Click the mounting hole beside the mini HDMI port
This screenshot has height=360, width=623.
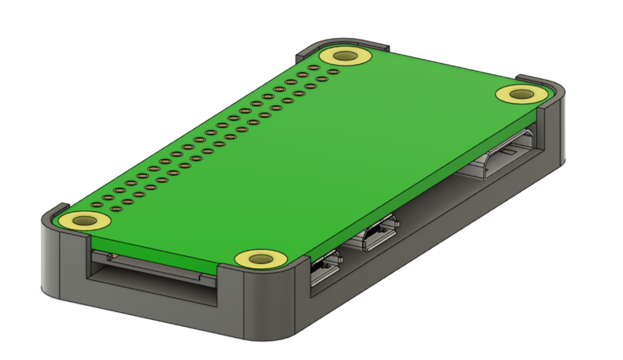[x=521, y=94]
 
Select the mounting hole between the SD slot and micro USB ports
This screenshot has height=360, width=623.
[x=261, y=258]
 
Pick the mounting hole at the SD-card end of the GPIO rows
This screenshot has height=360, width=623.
[x=85, y=221]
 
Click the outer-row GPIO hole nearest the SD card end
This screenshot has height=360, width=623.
[x=96, y=205]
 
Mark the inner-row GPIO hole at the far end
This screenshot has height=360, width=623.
[x=333, y=72]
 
